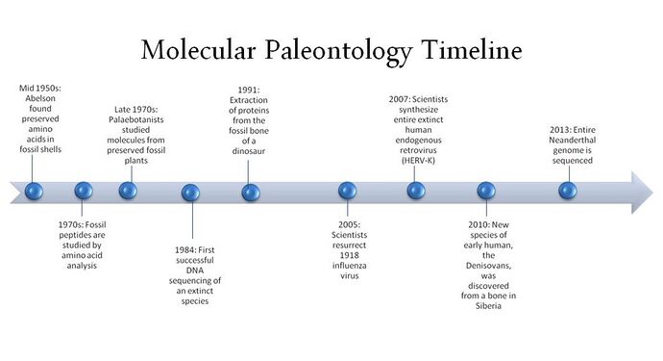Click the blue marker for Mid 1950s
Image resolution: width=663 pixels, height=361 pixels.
pos(35,190)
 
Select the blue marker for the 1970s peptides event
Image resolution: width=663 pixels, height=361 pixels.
pos(84,191)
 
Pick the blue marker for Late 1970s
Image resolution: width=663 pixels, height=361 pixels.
pos(128,190)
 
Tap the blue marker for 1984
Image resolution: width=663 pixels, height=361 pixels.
pos(190,193)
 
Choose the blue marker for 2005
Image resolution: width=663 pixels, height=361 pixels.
pos(348,192)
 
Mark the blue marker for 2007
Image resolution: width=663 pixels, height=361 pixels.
pos(416,190)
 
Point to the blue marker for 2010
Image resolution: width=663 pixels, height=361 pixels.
pos(486,191)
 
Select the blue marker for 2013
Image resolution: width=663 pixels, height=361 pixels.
pos(568,190)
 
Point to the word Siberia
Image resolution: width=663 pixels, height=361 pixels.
pos(487,306)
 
